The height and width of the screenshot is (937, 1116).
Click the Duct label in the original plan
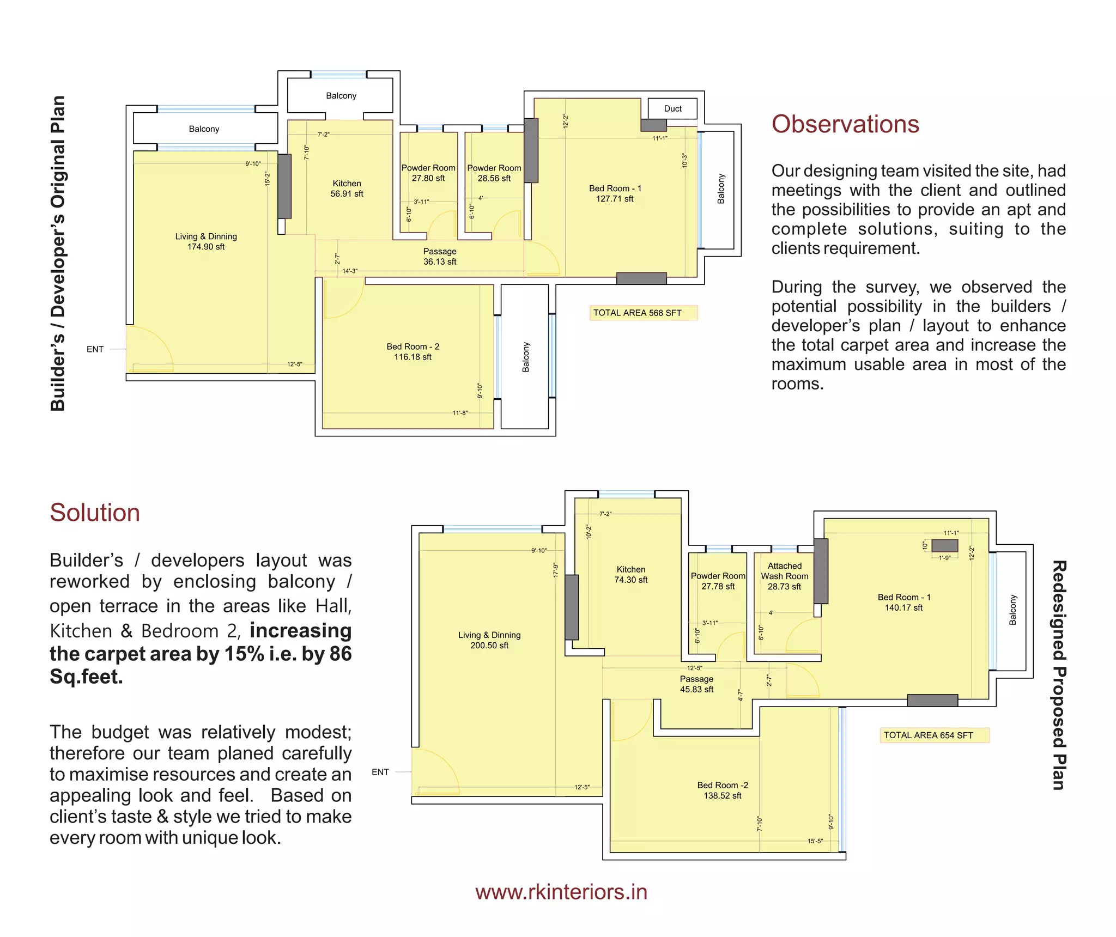672,109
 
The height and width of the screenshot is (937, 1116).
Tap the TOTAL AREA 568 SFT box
643,313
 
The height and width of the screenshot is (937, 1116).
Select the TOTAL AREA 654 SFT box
934,735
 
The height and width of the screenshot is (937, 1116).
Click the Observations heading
845,124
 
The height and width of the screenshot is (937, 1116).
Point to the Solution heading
95,513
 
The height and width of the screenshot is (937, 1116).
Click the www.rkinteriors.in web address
561,892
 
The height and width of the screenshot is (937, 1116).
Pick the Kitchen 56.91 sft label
347,188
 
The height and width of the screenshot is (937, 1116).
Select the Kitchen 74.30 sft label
630,574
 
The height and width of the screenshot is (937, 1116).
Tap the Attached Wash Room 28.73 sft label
784,576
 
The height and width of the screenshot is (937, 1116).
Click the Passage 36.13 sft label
440,257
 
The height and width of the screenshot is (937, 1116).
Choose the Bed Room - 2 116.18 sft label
413,351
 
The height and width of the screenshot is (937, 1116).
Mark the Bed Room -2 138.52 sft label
722,790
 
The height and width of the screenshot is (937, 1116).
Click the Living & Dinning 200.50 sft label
489,640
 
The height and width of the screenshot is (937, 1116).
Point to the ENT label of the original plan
95,349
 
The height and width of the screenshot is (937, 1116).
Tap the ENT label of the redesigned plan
380,772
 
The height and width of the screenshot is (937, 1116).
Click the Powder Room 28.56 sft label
494,173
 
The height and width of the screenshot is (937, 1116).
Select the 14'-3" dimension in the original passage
349,271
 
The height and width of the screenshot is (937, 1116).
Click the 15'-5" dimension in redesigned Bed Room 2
815,841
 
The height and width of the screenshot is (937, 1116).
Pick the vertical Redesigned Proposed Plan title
1058,675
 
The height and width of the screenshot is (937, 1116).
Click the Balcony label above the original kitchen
341,96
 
